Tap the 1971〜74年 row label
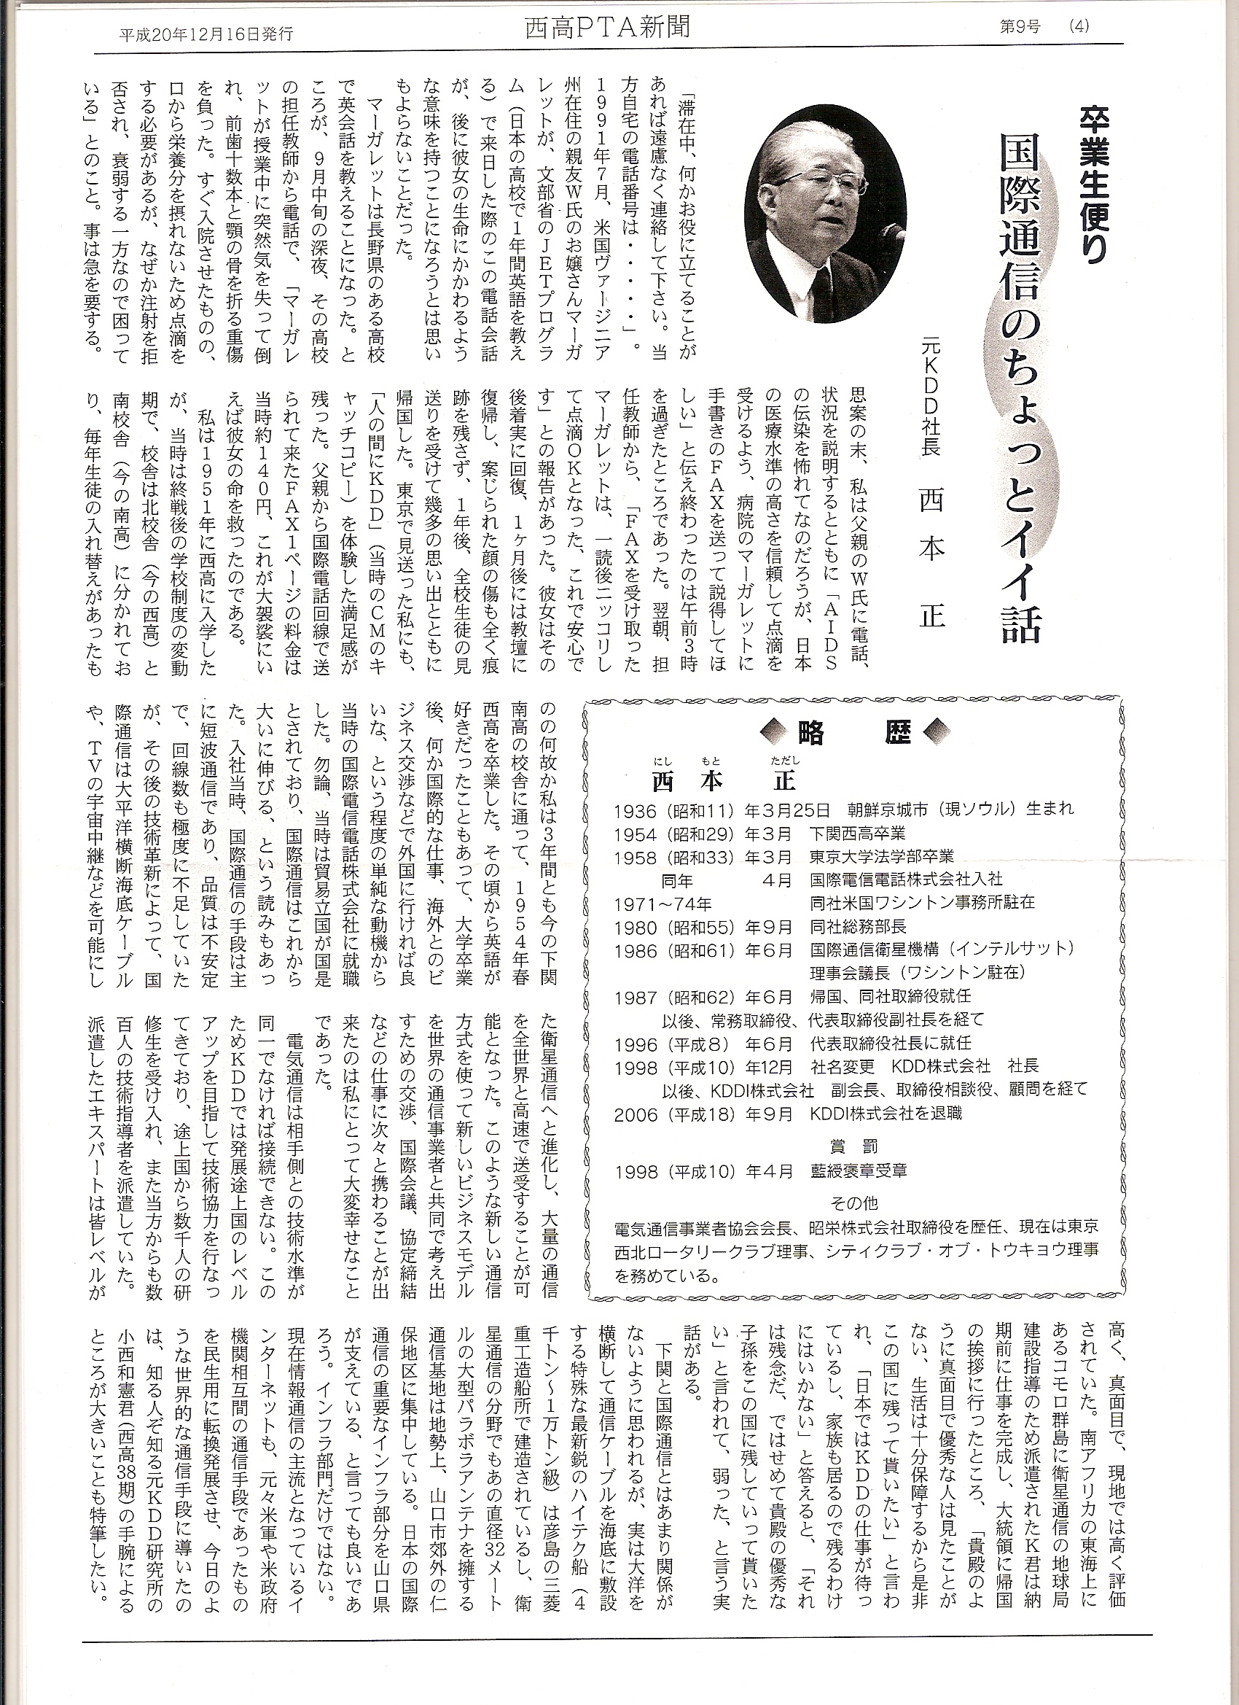(663, 902)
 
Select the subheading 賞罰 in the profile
(855, 1147)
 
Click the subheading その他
(855, 1203)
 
